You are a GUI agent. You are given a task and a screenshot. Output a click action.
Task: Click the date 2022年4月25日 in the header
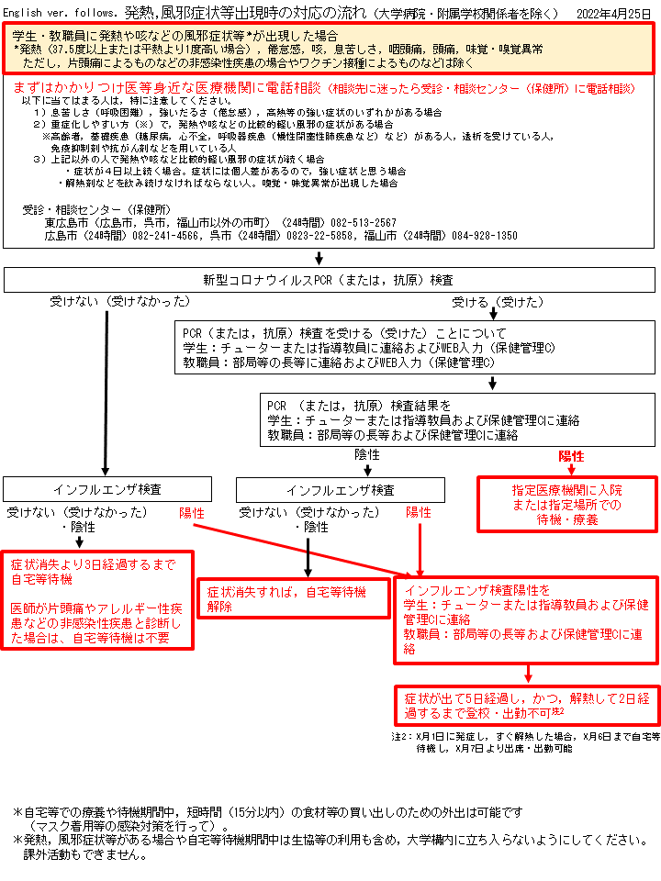point(613,14)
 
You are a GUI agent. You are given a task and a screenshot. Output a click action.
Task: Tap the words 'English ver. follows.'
point(61,13)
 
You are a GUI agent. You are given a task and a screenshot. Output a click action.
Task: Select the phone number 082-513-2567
point(364,223)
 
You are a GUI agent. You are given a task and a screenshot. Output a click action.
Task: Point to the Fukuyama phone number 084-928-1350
point(485,236)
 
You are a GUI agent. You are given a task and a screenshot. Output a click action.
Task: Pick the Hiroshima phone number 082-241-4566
point(165,236)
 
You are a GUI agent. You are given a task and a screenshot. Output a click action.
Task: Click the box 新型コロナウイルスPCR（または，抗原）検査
point(330,280)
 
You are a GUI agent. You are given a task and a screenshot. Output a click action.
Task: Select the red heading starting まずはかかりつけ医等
point(324,88)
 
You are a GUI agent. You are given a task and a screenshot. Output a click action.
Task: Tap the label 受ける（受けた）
point(498,302)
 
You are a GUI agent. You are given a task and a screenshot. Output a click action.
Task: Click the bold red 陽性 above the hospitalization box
point(571,456)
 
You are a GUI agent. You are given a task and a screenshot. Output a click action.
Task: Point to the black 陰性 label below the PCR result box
point(367,454)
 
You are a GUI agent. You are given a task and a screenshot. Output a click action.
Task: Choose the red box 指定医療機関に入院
point(567,505)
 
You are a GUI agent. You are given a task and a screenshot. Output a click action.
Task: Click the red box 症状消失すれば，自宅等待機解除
point(294,598)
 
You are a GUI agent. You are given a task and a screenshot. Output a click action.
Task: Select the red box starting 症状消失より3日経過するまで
point(97,600)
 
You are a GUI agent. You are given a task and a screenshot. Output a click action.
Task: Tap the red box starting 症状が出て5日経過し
point(527,706)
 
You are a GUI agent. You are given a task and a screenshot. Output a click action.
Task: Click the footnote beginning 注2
point(525,742)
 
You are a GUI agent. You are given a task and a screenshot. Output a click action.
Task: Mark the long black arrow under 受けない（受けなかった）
point(106,394)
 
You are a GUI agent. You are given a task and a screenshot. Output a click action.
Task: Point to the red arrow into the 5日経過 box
point(528,675)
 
